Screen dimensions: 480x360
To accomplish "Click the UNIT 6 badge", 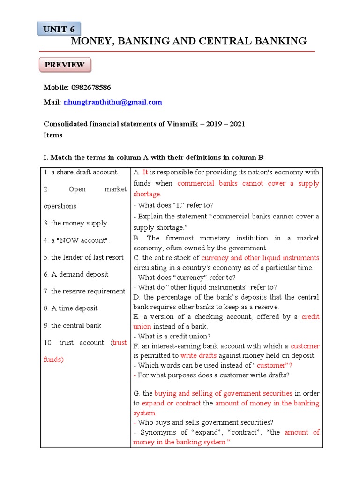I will [59, 29].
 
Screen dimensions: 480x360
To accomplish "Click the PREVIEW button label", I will [65, 65].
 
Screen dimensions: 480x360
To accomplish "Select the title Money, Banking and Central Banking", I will [188, 41].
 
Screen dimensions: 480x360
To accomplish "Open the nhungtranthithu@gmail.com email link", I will [112, 102].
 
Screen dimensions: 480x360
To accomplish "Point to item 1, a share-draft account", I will [80, 172].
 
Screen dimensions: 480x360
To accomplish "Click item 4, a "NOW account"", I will [76, 240].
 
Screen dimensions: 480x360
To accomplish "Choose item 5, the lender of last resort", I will [83, 257].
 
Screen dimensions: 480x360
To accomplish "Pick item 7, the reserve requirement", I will [84, 291].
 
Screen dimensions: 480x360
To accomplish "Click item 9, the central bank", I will [72, 325].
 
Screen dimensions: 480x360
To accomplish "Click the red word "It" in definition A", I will [145, 172].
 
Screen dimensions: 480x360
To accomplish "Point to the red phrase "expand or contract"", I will [171, 403].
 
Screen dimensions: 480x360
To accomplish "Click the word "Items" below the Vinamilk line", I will [53, 135].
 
